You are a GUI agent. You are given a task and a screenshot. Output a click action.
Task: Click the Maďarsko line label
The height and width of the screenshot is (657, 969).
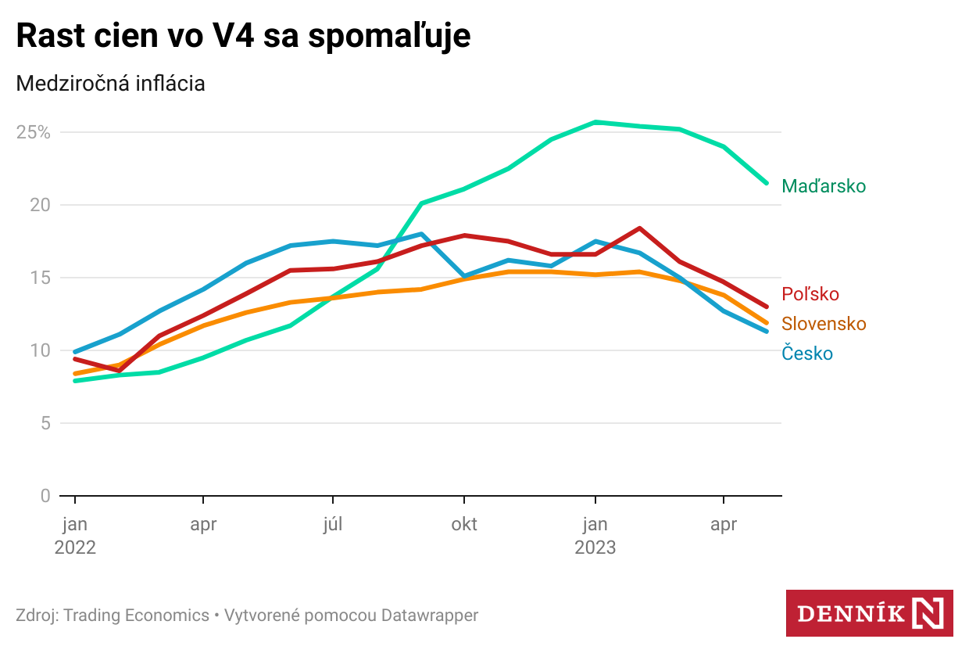824,186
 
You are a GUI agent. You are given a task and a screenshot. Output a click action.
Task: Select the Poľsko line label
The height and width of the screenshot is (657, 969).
810,294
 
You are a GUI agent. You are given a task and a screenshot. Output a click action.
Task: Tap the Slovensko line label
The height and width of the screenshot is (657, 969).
824,324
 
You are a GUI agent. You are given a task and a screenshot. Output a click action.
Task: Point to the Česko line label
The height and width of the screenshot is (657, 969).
807,354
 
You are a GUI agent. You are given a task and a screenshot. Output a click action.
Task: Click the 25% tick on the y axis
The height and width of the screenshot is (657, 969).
34,132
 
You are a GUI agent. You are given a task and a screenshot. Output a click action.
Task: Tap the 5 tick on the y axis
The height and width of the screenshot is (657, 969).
45,423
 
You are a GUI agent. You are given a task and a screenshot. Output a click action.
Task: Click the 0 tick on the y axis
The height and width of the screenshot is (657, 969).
45,496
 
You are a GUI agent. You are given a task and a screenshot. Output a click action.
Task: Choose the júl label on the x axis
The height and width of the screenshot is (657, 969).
334,525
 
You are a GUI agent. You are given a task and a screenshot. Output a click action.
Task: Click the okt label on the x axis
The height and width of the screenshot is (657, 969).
464,525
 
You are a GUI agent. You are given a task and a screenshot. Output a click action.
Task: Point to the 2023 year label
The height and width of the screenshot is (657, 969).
595,547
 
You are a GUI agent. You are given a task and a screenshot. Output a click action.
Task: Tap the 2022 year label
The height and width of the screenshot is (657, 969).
75,547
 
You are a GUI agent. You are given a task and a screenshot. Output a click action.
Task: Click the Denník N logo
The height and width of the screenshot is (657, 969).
869,612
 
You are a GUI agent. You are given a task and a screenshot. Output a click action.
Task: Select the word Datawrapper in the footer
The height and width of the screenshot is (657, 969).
430,616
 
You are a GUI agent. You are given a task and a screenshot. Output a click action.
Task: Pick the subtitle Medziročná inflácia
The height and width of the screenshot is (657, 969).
110,84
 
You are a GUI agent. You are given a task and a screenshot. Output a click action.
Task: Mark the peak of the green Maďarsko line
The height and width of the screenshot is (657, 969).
595,122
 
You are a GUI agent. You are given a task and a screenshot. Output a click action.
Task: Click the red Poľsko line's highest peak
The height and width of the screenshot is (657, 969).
639,228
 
